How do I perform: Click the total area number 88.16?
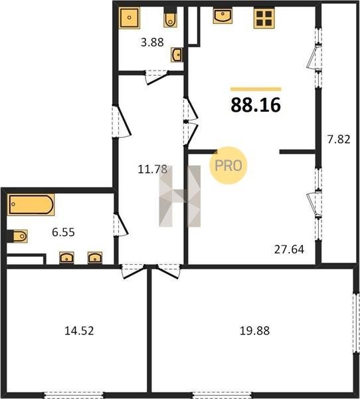pos(256,105)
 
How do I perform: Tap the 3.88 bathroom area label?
pos(152,43)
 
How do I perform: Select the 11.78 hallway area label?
pos(152,169)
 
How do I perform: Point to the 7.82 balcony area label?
pos(339,139)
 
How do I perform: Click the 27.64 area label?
pos(289,249)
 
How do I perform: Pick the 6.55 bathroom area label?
pos(63,232)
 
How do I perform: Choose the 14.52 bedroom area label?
pos(79,331)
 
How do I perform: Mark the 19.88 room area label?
pos(254,331)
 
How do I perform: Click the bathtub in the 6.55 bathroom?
pos(31,205)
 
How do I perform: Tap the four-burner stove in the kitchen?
pos(264,18)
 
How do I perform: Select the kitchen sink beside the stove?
pos(223,15)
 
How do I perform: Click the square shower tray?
pos(130,18)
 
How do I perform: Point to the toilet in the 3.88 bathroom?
pos(170,17)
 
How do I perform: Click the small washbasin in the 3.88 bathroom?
pos(176,55)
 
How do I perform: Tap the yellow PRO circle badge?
pos(228,166)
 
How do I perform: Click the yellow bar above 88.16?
pos(256,89)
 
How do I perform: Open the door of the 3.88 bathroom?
pos(157,78)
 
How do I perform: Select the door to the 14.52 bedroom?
pos(133,271)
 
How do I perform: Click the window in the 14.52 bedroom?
pos(74,395)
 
